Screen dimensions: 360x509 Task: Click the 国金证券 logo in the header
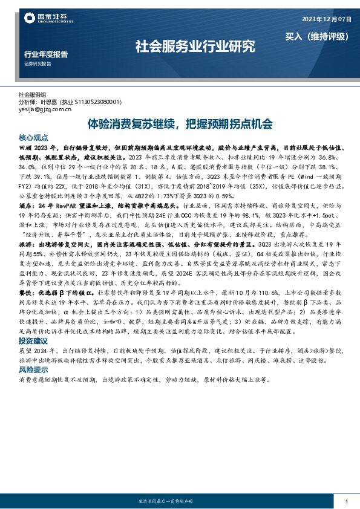coord(45,18)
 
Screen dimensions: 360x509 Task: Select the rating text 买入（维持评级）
coord(317,36)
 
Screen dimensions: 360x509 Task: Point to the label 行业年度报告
coord(45,54)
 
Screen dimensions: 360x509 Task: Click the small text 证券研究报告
coord(38,63)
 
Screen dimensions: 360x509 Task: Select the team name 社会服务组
coord(32,96)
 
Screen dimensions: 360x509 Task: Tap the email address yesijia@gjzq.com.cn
coord(45,110)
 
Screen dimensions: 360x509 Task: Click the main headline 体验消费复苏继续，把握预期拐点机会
coord(180,124)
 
